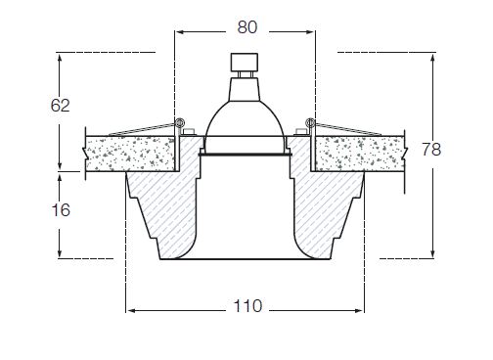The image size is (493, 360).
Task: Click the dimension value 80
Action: pos(247,27)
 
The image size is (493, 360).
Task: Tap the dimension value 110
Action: pos(247,306)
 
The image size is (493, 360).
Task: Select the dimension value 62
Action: pos(60,106)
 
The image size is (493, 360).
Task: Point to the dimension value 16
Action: pos(61,210)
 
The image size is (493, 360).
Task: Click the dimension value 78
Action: pos(431,150)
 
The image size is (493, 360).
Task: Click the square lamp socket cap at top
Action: pos(245,62)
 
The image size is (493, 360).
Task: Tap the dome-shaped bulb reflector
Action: pos(245,121)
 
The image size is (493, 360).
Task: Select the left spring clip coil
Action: pos(179,122)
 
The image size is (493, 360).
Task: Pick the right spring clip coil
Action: pos(309,122)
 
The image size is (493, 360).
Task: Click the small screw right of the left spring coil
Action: pos(189,132)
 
